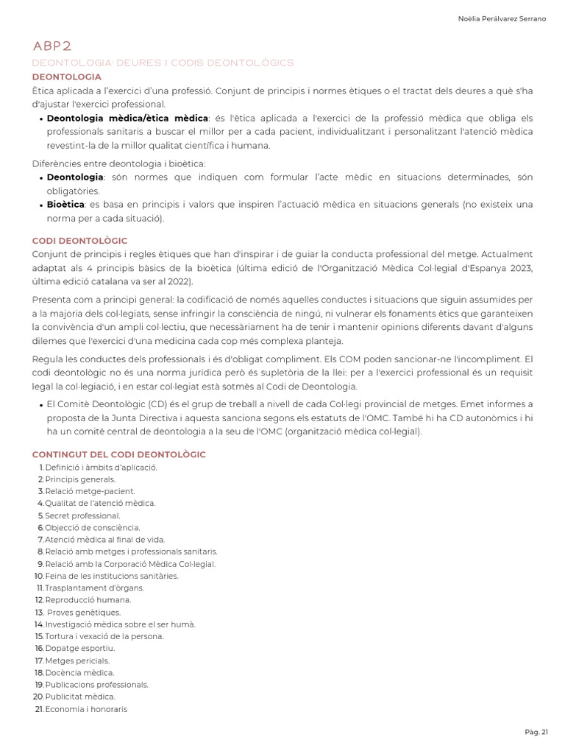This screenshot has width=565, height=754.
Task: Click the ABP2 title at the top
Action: (x=52, y=46)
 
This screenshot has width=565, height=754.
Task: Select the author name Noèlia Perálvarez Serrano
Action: (x=502, y=18)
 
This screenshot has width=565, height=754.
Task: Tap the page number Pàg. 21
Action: (x=536, y=731)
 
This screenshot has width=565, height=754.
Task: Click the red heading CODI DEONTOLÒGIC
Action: (x=79, y=241)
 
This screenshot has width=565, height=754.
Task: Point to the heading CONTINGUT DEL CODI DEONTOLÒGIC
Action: (x=119, y=454)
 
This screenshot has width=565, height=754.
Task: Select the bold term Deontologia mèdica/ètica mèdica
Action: (x=127, y=118)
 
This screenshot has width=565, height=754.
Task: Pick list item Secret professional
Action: (x=82, y=515)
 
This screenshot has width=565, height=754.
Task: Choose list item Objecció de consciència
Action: (x=92, y=527)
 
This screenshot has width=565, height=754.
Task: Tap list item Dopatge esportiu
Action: (x=79, y=648)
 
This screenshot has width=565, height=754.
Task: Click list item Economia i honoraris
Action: (x=85, y=709)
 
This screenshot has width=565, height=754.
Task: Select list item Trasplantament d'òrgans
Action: (x=94, y=588)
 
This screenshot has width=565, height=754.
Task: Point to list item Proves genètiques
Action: (x=83, y=612)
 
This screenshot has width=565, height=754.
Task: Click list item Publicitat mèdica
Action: (x=79, y=697)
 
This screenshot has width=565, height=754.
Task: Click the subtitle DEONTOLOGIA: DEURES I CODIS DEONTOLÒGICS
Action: (x=163, y=63)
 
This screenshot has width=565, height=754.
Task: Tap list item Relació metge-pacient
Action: (x=90, y=491)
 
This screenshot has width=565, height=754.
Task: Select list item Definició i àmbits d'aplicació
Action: (x=101, y=467)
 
